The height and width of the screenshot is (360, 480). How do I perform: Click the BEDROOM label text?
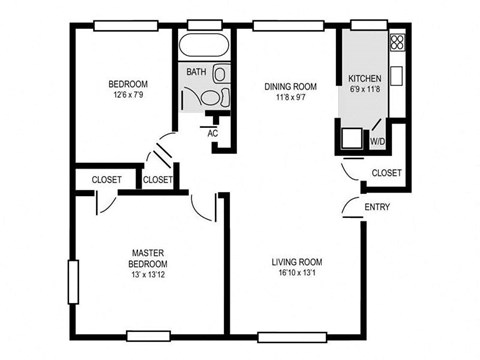pyautogui.click(x=128, y=83)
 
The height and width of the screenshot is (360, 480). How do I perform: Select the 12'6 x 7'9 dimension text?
pyautogui.click(x=128, y=95)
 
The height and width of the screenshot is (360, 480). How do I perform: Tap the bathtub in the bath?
pyautogui.click(x=205, y=48)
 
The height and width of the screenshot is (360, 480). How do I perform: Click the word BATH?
pyautogui.click(x=196, y=72)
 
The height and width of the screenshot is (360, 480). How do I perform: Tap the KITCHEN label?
pyautogui.click(x=364, y=78)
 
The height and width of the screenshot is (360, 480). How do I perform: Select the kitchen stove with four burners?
pyautogui.click(x=397, y=42)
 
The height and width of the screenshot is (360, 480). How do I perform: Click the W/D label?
pyautogui.click(x=378, y=142)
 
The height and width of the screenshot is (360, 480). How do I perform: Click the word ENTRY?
pyautogui.click(x=377, y=208)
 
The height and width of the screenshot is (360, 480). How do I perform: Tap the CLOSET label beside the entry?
pyautogui.click(x=386, y=173)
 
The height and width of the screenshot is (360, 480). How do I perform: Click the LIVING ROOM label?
pyautogui.click(x=296, y=262)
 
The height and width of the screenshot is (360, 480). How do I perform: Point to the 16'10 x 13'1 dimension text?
pyautogui.click(x=296, y=275)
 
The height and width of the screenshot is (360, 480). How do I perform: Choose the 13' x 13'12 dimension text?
pyautogui.click(x=147, y=276)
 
